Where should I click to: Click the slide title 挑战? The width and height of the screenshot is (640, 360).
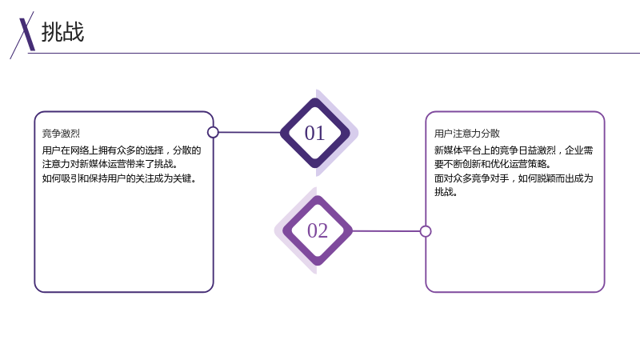coord(62,32)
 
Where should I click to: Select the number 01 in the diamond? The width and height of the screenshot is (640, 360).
coord(314,133)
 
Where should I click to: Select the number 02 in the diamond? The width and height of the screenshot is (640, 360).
coord(318,230)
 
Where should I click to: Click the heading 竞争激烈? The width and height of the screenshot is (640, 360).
coord(61,134)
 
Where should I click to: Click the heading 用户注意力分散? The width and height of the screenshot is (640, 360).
coord(467,134)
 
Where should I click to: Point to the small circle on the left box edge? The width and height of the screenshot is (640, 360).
coord(213,132)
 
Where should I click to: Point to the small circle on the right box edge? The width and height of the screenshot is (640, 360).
coord(426,231)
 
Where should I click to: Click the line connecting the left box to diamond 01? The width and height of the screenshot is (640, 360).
coord(250,132)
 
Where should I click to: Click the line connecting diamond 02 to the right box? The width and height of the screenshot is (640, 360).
coord(386,231)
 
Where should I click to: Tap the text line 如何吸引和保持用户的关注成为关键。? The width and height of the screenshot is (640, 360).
coord(119,178)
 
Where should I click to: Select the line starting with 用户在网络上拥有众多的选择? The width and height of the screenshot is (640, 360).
coord(122,150)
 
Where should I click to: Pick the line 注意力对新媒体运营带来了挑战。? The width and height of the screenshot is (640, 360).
coord(110,164)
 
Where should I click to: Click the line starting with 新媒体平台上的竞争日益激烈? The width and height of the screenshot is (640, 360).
coord(514,150)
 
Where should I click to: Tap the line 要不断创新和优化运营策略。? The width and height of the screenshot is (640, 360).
coord(493,164)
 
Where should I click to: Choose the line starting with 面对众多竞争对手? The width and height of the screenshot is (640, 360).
coord(514,178)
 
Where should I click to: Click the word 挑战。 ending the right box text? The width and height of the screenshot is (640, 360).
coord(446,192)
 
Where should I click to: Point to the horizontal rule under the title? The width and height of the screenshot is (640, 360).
coord(334,53)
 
